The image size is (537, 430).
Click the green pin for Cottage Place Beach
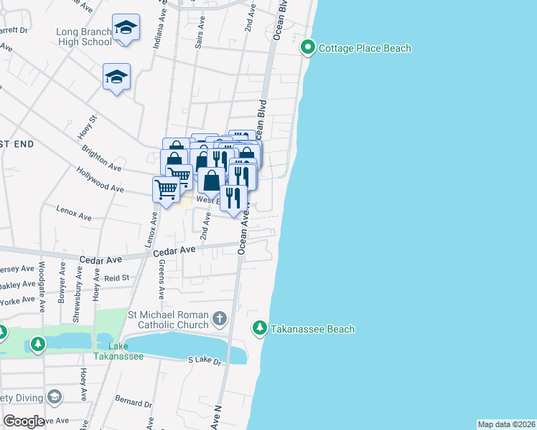(309, 48)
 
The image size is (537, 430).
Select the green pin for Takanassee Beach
(260, 328)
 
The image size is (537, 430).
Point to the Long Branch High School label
(84, 37)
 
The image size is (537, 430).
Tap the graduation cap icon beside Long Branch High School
(126, 28)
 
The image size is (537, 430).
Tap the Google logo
(24, 421)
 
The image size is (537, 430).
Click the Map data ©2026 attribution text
(506, 424)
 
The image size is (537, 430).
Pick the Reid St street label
(116, 277)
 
